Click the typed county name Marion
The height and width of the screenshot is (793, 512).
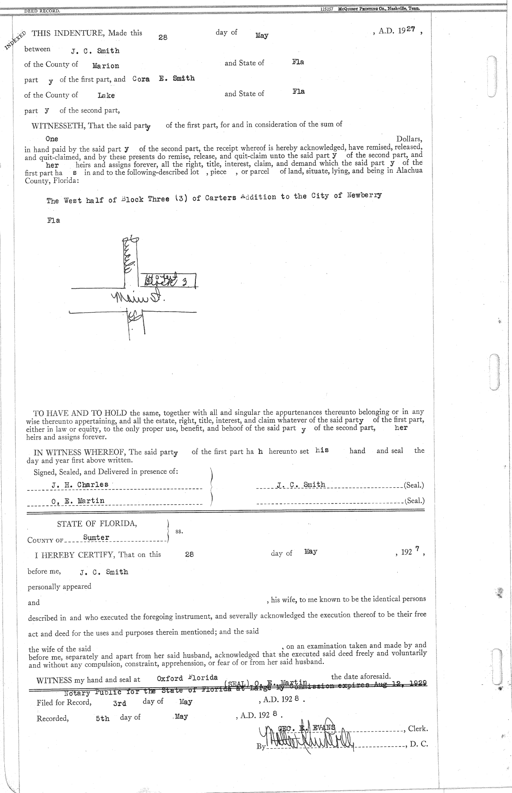click(106, 66)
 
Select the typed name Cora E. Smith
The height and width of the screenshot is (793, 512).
click(163, 79)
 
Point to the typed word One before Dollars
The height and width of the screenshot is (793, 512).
click(52, 139)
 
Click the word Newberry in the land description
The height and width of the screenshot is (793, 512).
click(364, 195)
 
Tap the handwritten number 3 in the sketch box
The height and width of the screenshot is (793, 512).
click(186, 281)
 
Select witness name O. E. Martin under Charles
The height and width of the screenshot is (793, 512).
click(78, 501)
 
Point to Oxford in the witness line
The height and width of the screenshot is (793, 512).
click(170, 678)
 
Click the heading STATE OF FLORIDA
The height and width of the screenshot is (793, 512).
click(97, 524)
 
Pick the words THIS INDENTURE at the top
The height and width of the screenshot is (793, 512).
click(68, 33)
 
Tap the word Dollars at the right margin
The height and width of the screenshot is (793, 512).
click(409, 139)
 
